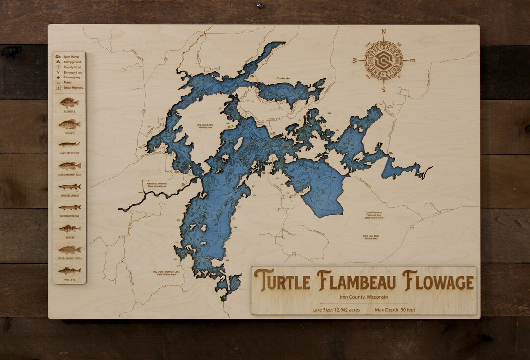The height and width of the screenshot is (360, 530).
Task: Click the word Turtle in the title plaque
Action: [282, 281]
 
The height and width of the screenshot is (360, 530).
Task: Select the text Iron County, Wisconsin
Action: [364, 297]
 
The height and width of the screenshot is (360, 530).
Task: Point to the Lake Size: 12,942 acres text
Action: [337, 309]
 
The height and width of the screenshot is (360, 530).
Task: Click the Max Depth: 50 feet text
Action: [395, 309]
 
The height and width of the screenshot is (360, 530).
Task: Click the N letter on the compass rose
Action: [384, 32]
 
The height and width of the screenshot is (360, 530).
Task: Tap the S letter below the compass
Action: [384, 90]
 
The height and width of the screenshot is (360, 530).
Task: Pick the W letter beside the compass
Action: [355, 61]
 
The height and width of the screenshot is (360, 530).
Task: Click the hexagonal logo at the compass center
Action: [384, 61]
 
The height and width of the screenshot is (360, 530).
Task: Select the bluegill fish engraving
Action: [69, 103]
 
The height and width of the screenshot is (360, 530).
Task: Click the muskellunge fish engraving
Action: [69, 187]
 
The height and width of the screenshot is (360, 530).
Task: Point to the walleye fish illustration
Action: [69, 271]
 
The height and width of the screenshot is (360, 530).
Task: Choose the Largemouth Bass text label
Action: [69, 175]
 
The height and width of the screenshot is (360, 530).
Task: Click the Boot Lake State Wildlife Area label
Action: [371, 237]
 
